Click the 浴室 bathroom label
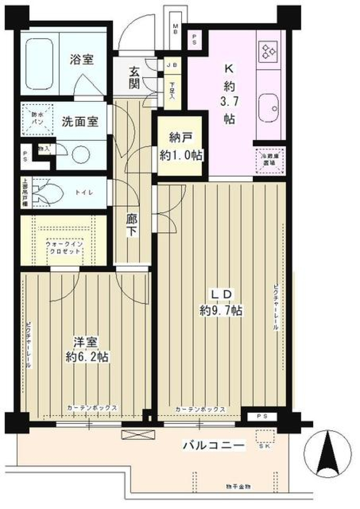(81, 59)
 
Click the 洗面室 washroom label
(80, 122)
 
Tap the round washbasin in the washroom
(81, 154)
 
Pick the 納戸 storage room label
(180, 138)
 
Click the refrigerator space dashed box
(270, 161)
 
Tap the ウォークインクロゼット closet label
(64, 247)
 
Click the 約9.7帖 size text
(220, 311)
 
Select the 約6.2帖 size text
(87, 356)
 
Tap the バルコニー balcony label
(214, 445)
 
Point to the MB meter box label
(175, 29)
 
